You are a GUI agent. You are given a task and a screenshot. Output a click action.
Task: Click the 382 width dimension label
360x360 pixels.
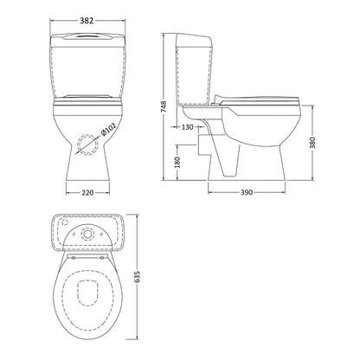87,21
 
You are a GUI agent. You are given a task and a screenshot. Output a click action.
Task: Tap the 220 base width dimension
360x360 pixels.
87,192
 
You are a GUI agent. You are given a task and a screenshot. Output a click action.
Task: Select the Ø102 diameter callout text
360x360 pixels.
108,129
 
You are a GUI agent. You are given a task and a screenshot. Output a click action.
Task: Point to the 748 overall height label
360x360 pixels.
164,106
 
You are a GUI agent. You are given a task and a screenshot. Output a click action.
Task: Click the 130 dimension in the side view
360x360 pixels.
188,127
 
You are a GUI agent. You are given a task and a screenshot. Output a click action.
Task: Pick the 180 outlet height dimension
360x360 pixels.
177,163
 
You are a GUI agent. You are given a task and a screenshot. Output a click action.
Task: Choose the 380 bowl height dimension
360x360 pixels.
312,143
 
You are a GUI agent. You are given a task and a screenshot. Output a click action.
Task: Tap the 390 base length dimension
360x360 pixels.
247,192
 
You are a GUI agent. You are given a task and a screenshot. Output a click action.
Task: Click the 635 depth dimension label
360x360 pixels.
138,277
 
